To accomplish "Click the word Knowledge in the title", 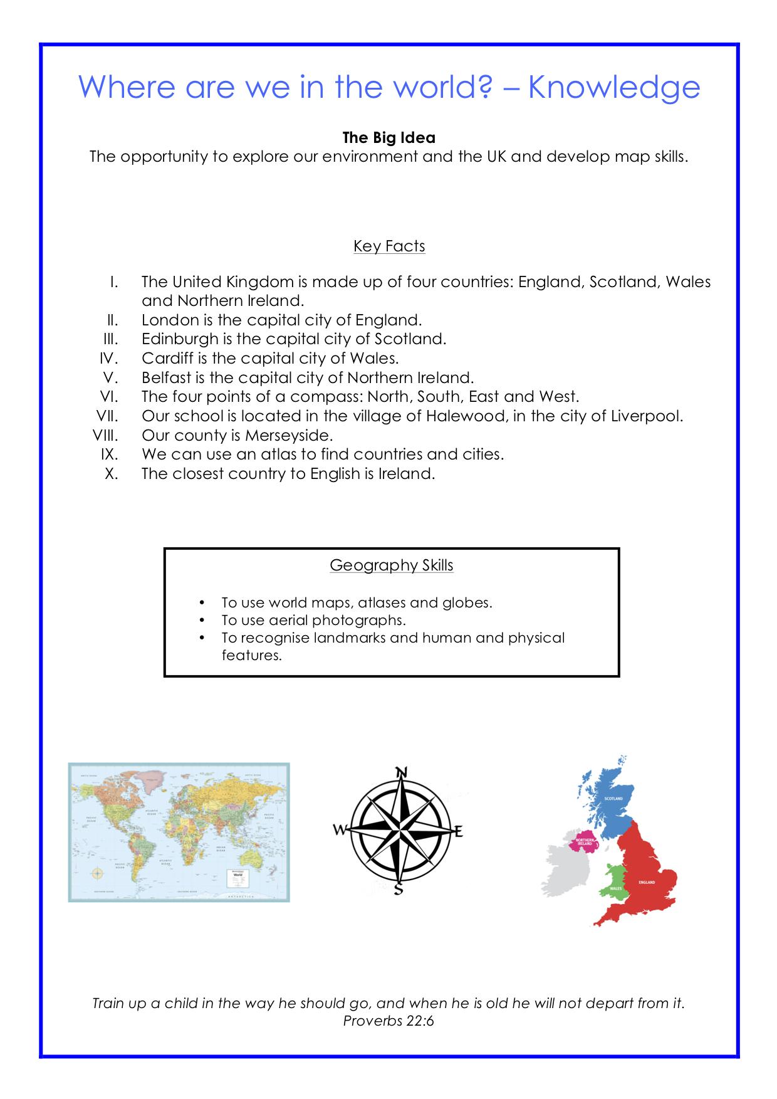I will click(613, 88).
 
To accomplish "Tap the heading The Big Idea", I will click(388, 137).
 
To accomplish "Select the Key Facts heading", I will click(389, 246).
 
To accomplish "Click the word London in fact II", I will click(170, 320).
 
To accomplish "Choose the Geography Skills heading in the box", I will click(391, 565).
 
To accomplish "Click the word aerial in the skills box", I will click(289, 620).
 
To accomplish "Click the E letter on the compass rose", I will click(458, 833).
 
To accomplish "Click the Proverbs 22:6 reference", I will click(388, 1021).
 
